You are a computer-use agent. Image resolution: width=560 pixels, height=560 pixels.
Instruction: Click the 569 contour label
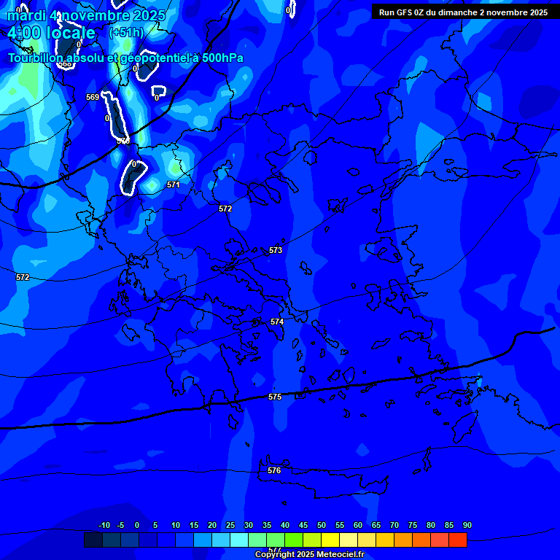[93, 97]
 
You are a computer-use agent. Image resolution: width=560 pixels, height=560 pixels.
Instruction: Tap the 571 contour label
[173, 184]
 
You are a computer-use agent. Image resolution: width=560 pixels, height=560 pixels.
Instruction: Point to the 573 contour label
[275, 250]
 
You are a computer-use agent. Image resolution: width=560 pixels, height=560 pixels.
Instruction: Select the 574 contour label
[277, 322]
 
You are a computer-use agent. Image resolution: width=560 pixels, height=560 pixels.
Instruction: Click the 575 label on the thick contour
[274, 397]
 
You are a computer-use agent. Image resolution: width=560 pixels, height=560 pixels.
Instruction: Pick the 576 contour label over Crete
[274, 470]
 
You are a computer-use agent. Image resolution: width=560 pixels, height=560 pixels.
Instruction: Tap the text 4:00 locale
[51, 33]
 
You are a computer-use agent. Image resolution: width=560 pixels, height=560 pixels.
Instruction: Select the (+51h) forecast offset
[126, 33]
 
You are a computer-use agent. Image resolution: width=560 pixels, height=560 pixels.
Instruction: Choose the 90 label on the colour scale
[467, 525]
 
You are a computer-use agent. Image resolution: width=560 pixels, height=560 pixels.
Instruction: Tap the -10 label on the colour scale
[104, 525]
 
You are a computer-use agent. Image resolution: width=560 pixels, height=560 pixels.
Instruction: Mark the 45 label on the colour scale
[303, 525]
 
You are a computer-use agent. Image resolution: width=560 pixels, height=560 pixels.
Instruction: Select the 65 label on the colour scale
[376, 525]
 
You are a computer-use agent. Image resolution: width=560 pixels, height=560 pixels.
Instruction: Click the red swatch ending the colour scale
[457, 540]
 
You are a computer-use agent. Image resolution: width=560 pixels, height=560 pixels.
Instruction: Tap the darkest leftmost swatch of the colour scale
[93, 540]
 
